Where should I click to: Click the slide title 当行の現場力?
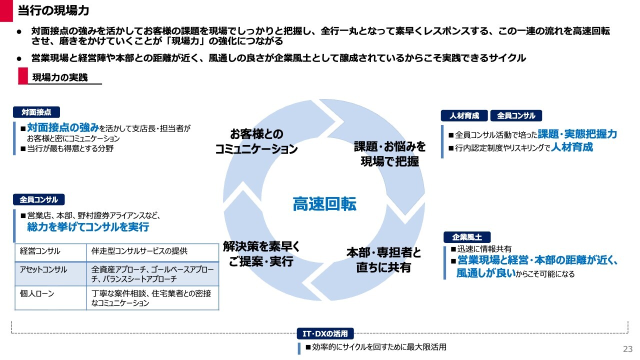click(53, 10)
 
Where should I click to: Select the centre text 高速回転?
click(324, 204)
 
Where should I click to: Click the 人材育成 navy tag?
click(464, 115)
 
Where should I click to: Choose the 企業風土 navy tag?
click(467, 237)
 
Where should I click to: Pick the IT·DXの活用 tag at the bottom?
click(325, 333)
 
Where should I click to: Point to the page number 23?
click(627, 348)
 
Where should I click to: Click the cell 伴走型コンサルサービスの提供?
click(139, 251)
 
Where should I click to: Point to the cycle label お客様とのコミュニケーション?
click(256, 141)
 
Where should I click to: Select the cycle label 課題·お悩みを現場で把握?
click(390, 154)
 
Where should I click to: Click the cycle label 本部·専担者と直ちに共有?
click(384, 260)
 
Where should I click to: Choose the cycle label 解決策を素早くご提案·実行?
click(261, 254)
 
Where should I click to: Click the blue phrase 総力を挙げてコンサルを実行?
click(88, 227)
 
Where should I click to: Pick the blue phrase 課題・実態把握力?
click(577, 134)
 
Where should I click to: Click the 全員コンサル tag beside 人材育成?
click(516, 115)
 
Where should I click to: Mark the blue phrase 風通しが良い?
click(485, 273)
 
